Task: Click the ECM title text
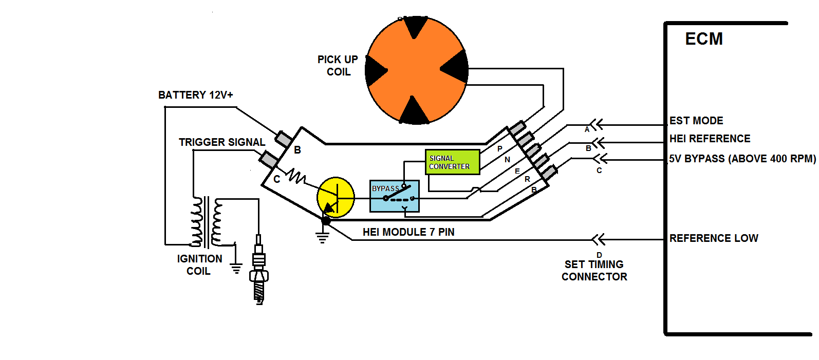(704, 39)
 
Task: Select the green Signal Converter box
(452, 162)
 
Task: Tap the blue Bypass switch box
(394, 196)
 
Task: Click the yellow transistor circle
(336, 197)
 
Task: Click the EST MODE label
(696, 121)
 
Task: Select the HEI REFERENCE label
(710, 139)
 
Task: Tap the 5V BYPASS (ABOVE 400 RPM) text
(742, 159)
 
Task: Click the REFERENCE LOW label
(714, 238)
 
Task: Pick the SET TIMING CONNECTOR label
(594, 271)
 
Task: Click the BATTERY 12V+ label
(196, 95)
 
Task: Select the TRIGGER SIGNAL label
(222, 142)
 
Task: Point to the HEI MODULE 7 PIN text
(408, 232)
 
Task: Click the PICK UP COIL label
(338, 66)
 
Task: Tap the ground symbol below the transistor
(322, 238)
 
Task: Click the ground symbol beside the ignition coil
(236, 268)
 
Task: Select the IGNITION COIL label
(199, 265)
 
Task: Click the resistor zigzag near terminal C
(296, 176)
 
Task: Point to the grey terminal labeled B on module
(284, 139)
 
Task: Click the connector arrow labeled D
(598, 239)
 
